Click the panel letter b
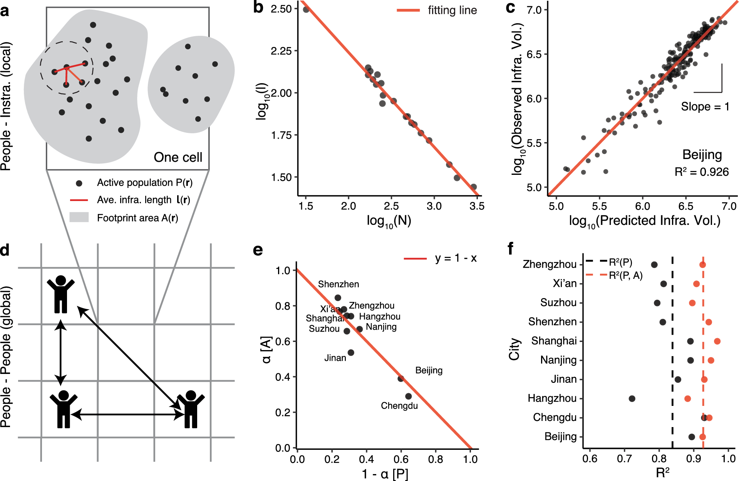(258, 8)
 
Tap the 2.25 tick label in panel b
(281, 51)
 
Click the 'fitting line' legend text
(452, 10)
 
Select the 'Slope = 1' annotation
(705, 107)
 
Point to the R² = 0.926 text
(701, 172)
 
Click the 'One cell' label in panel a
(178, 157)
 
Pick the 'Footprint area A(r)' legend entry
(137, 218)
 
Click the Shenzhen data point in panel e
(338, 298)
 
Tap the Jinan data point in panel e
(351, 352)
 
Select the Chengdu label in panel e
(399, 406)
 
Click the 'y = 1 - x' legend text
(456, 258)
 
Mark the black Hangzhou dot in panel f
(632, 399)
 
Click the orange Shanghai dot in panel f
(717, 341)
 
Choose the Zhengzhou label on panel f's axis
(549, 264)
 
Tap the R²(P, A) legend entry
(625, 275)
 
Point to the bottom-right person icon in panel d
(191, 409)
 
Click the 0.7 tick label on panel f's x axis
(624, 459)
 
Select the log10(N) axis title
(389, 221)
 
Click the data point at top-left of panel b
(306, 9)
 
